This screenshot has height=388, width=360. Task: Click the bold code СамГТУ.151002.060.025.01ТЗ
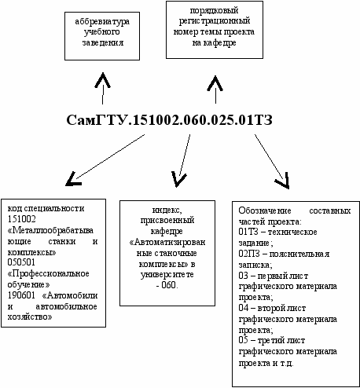click(169, 120)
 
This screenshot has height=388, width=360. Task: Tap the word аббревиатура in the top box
click(102, 21)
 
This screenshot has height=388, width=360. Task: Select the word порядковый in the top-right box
click(214, 10)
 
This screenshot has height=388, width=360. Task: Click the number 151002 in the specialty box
click(21, 219)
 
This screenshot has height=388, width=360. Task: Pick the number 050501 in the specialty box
click(21, 262)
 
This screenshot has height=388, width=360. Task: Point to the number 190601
click(21, 295)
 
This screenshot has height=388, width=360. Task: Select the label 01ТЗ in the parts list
click(248, 232)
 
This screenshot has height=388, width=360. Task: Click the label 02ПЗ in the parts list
click(249, 254)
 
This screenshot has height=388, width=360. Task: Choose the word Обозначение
click(265, 210)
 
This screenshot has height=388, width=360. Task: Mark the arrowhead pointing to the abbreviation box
click(102, 80)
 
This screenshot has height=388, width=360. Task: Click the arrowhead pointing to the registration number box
click(215, 83)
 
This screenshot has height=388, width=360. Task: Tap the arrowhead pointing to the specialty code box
click(73, 179)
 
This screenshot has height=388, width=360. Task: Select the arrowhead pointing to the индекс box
click(178, 179)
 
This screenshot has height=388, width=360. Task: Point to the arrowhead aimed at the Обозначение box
click(283, 181)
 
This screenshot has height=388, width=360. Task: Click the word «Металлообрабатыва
click(50, 230)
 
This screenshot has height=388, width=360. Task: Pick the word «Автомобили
click(70, 295)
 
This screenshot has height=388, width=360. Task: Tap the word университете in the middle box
click(167, 275)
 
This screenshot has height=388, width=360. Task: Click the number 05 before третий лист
click(243, 340)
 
